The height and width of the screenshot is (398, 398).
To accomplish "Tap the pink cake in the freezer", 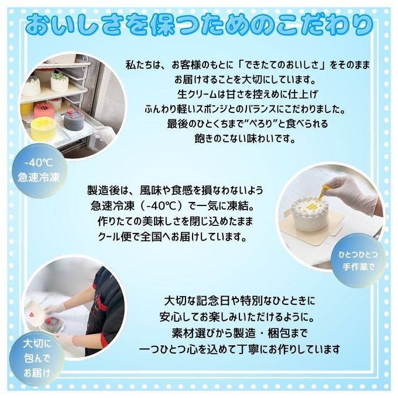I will click(x=44, y=111).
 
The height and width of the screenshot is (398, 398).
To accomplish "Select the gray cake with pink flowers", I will click(x=74, y=120).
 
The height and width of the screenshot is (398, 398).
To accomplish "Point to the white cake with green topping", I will click(x=59, y=81).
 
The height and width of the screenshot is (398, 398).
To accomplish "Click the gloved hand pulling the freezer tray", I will click(x=104, y=134).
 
